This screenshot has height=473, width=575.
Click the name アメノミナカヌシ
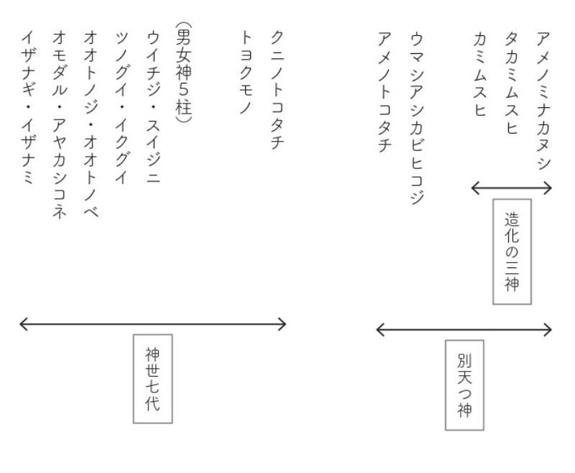[543, 101]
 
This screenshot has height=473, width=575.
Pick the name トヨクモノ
[247, 65]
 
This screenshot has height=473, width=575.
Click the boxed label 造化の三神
[512, 252]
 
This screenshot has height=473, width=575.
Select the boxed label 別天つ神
[464, 385]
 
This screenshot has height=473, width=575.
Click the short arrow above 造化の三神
[512, 188]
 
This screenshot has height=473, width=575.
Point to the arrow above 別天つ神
[464, 330]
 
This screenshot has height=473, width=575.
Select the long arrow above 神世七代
[152, 324]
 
